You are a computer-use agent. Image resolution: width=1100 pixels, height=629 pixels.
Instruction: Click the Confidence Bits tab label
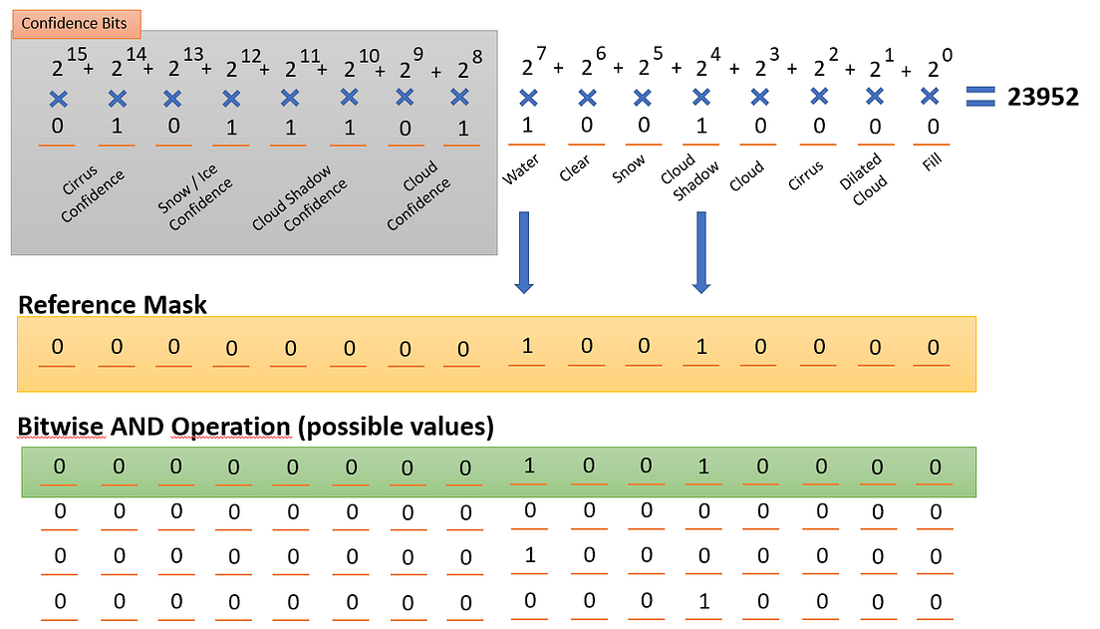pyautogui.click(x=75, y=22)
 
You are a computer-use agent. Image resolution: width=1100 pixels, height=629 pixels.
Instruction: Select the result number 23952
pyautogui.click(x=1042, y=97)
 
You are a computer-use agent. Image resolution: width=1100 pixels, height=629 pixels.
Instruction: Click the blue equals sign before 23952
pyautogui.click(x=981, y=96)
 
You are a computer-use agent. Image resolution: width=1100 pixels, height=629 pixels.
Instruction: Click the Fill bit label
pyautogui.click(x=932, y=159)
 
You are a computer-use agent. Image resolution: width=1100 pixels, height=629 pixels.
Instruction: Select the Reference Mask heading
pyautogui.click(x=113, y=304)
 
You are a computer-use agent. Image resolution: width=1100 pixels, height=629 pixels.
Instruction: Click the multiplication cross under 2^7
pyautogui.click(x=528, y=97)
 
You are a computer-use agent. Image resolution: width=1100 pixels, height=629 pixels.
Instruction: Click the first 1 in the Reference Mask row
pyautogui.click(x=527, y=348)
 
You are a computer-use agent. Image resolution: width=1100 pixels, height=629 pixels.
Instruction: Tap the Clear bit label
pyautogui.click(x=575, y=167)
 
